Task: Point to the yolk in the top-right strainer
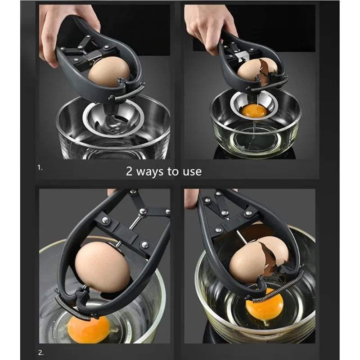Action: click(x=254, y=110)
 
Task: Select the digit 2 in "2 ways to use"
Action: click(x=129, y=171)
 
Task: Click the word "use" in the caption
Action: click(x=193, y=171)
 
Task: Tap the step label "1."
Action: click(x=40, y=167)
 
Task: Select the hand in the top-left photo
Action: click(x=63, y=27)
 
